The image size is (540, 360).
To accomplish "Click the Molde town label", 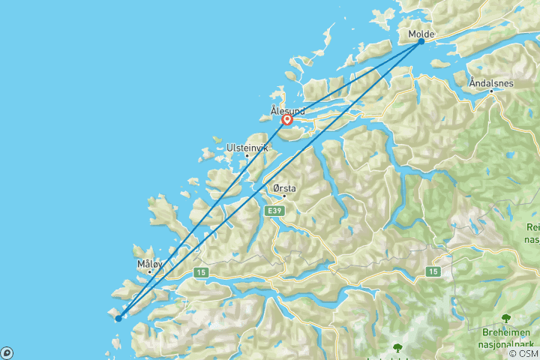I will coord(421,34).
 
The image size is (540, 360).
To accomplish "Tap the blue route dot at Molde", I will coord(421,41).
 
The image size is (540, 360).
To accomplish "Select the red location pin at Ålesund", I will coord(286,119).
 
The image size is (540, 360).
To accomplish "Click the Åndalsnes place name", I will coord(490,83).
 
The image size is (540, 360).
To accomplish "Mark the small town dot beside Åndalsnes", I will coord(492,91).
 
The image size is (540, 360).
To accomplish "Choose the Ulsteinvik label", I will coord(247,148).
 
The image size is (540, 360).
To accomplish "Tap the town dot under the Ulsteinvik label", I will coord(247,156).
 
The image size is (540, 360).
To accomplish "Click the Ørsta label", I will coord(284,189).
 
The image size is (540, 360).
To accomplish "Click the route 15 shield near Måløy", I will coord(200,273).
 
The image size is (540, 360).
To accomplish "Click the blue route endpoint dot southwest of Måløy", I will coord(118,318).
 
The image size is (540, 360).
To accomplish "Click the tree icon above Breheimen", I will coord(505,318).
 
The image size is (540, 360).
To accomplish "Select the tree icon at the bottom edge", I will coord(397,348).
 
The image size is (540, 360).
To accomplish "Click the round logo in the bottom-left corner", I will coord(6,353).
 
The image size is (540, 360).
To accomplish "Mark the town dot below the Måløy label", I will coord(149,271).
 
